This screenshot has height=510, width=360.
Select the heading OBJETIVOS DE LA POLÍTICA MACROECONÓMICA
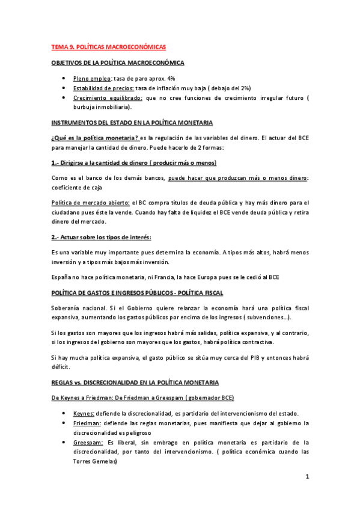pos(118,63)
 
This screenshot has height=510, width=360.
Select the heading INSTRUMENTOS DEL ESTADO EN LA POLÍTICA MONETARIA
pos(132,123)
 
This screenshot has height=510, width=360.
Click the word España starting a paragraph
pos(63,277)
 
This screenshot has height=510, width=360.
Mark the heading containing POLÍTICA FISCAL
pos(137,293)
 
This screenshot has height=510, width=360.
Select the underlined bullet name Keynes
pos(83,414)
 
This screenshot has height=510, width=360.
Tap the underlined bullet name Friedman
pos(87,423)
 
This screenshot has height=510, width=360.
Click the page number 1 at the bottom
pos(307,477)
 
